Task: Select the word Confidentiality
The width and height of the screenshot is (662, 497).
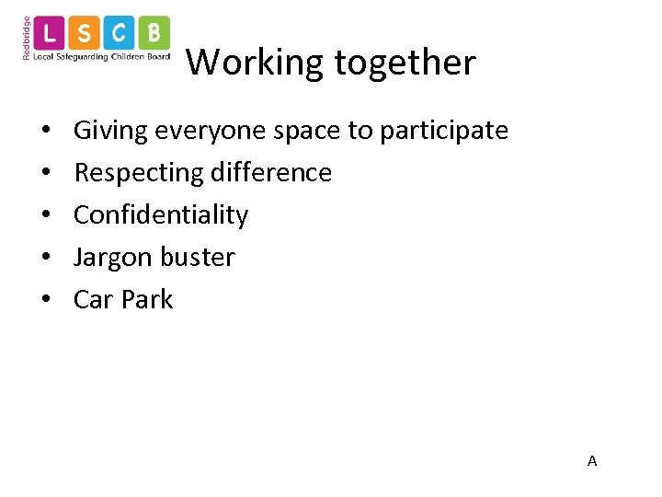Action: pyautogui.click(x=161, y=215)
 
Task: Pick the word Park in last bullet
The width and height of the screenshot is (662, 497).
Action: pyautogui.click(x=149, y=299)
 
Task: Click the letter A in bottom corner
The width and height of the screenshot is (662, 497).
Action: pyautogui.click(x=592, y=460)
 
